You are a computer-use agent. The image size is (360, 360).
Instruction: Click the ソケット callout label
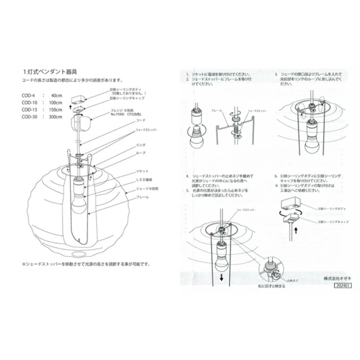pyautogui.click(x=142, y=171)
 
